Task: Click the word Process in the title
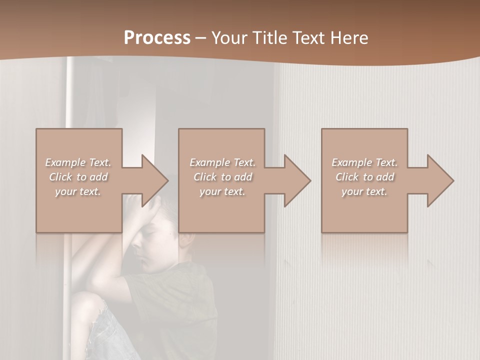point(157,38)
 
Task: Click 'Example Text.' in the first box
point(78,162)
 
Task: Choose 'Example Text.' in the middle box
point(222,162)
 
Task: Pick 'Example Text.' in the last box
point(364,162)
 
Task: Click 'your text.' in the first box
point(78,191)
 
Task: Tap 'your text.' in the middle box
point(222,191)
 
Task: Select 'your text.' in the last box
point(364,191)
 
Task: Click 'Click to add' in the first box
point(78,177)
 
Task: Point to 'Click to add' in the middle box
point(222,177)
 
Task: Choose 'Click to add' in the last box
point(364,177)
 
